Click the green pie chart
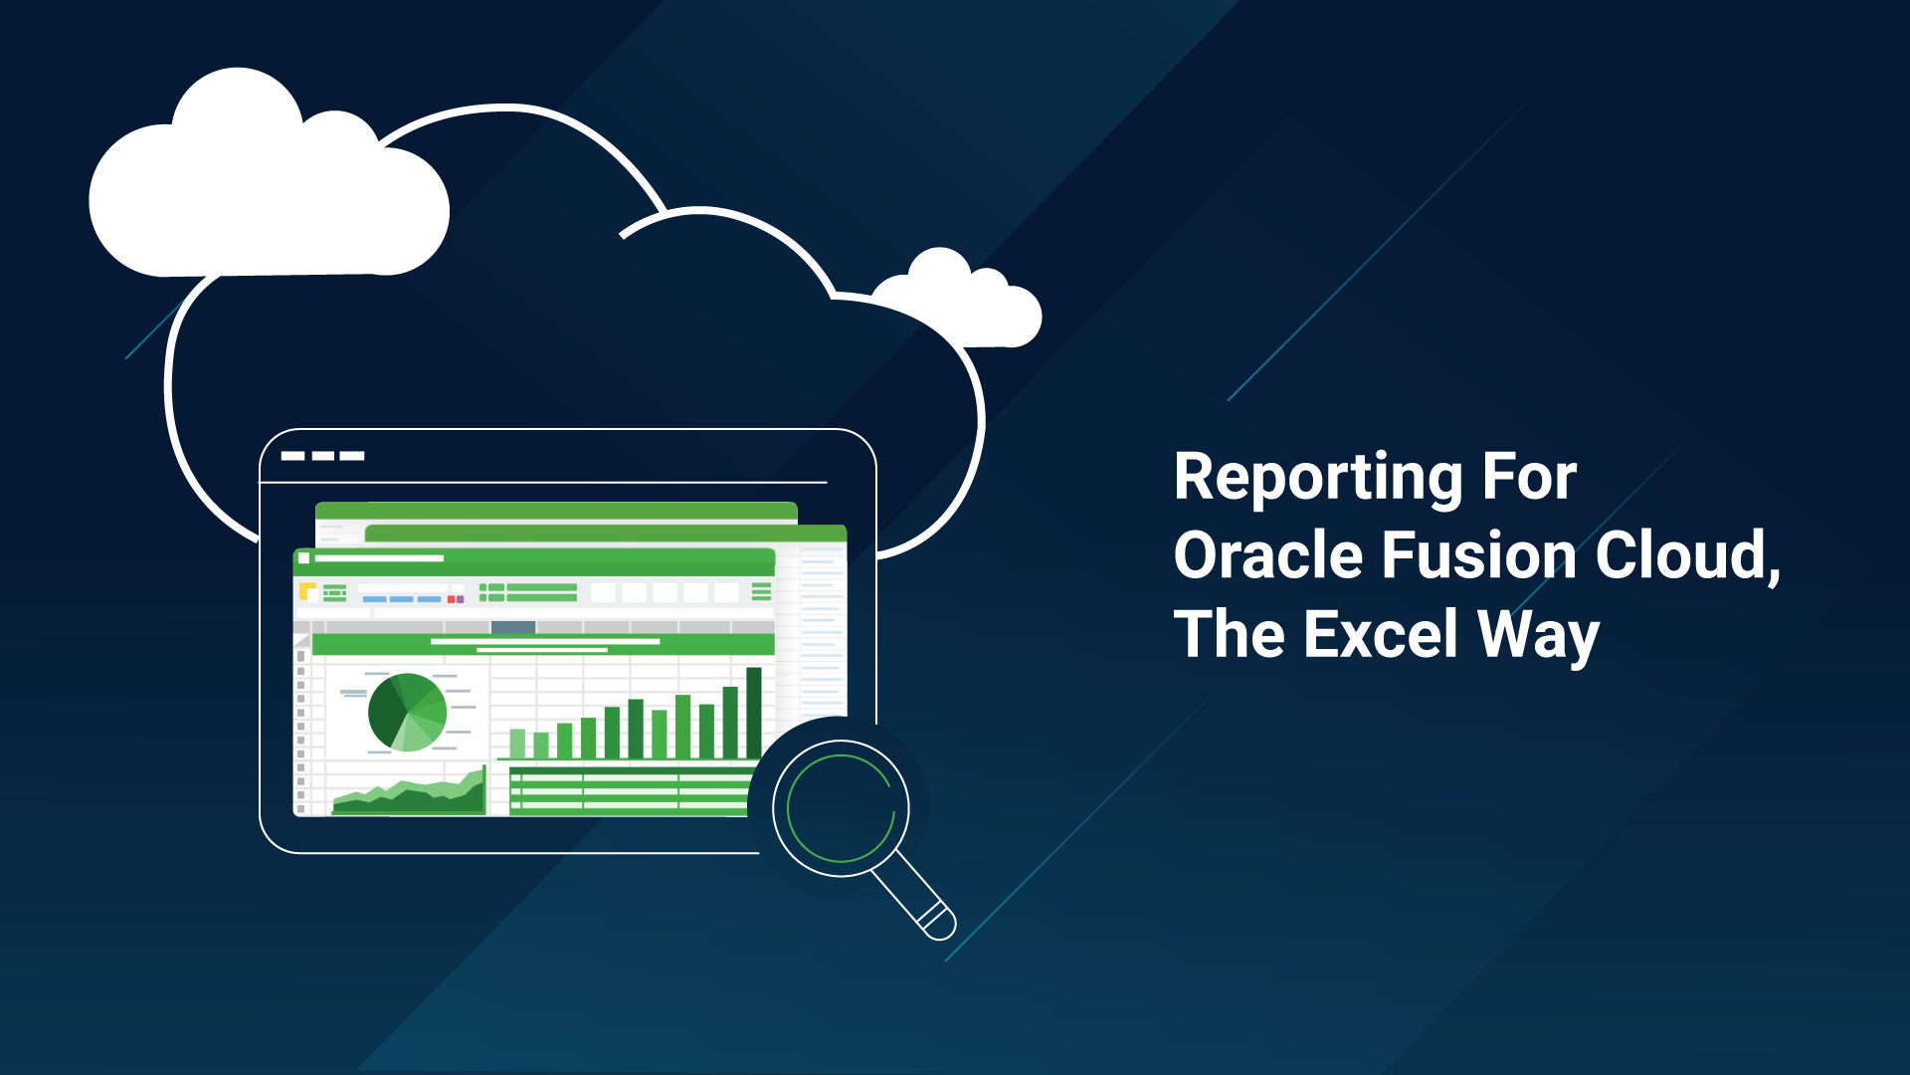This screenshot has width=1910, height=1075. click(407, 712)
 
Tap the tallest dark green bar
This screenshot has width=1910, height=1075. click(753, 713)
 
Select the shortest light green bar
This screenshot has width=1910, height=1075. click(517, 743)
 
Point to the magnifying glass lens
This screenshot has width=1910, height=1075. click(841, 808)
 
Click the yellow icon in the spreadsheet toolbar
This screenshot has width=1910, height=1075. click(307, 592)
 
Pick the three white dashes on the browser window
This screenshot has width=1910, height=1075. click(322, 456)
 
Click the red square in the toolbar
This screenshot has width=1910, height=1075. click(451, 599)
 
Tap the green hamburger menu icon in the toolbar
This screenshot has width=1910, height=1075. click(761, 592)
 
